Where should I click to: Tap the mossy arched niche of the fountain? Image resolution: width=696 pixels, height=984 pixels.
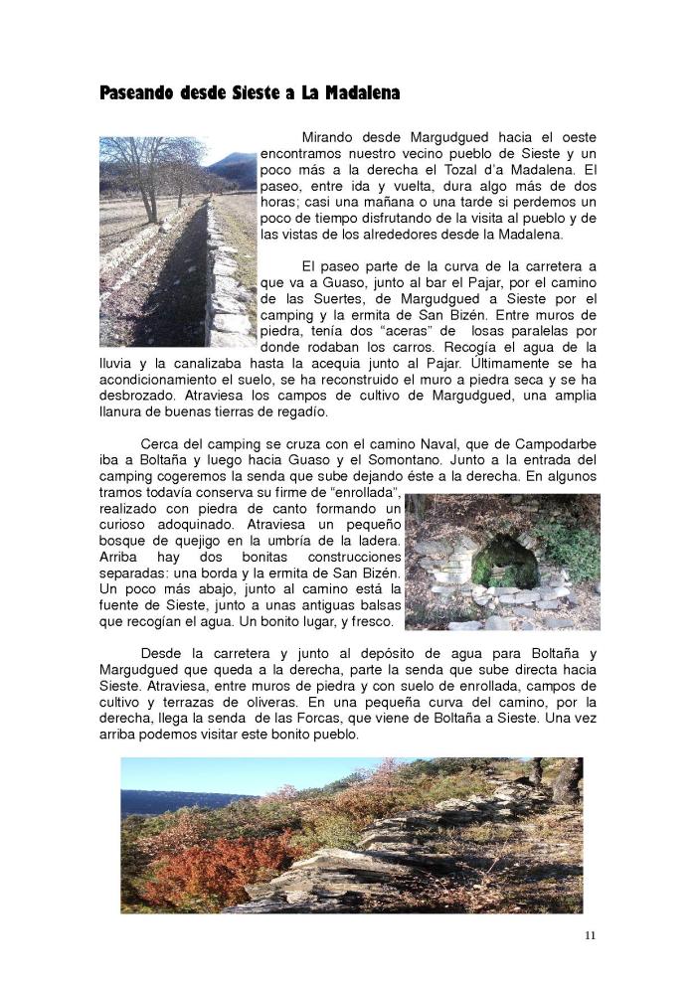coord(503,564)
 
